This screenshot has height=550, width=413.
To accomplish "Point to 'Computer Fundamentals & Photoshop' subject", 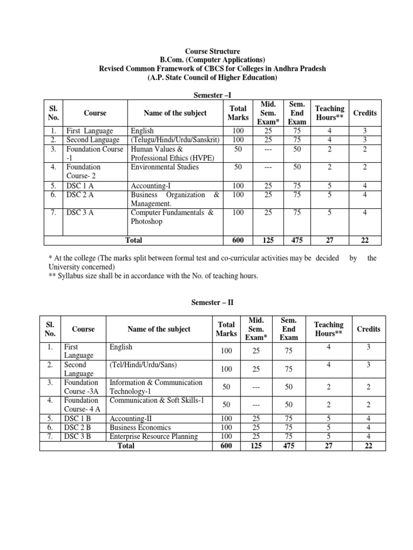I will pos(172,217).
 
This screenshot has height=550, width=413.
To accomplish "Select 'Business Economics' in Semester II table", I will pos(140,428).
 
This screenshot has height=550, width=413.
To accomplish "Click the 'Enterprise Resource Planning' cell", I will pos(154,436).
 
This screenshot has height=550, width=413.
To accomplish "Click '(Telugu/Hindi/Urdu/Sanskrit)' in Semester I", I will pos(174,140).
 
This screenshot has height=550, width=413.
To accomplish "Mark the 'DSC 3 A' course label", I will pos(79,213).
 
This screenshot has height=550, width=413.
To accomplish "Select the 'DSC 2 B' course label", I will pos(77,428).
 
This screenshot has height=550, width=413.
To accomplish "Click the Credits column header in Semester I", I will pos(365,113).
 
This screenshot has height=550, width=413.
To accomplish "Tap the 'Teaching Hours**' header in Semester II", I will pos(329,329).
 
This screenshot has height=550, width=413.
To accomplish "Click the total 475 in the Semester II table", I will pos(289,446).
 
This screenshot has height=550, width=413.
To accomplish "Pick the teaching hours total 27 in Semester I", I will pos(330,240).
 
